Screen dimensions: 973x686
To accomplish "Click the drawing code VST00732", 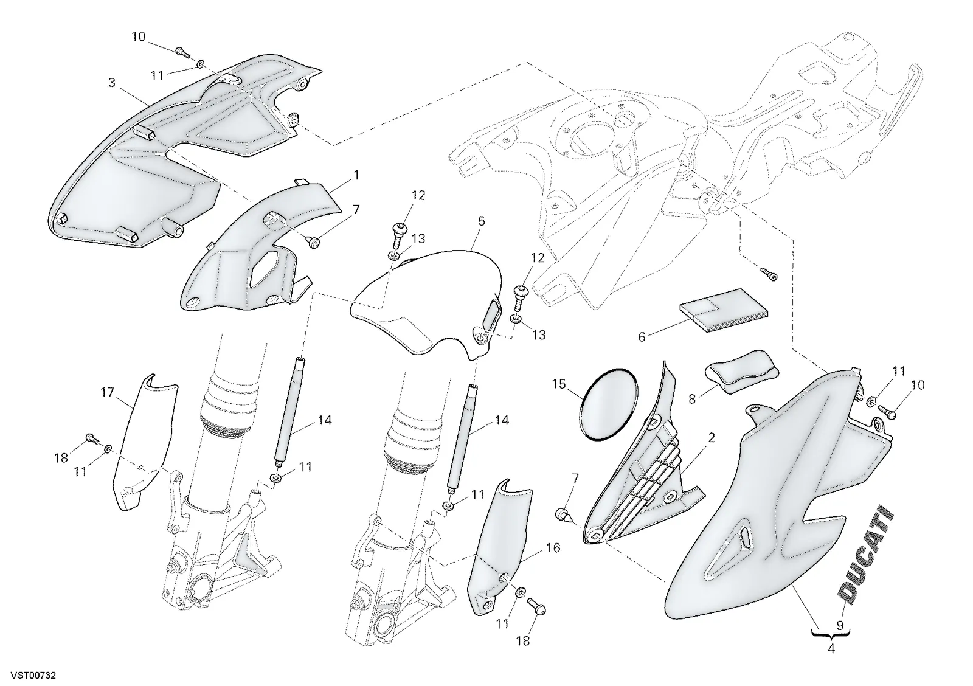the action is [x=33, y=676].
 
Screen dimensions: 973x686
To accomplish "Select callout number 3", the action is [x=112, y=82].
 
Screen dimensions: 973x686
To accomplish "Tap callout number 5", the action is [x=482, y=221].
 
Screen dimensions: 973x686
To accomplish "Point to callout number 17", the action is [x=107, y=392].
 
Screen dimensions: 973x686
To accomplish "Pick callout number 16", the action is [x=553, y=548].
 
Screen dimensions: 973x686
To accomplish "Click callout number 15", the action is [x=559, y=384].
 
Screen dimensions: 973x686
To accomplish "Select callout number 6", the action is [x=642, y=337].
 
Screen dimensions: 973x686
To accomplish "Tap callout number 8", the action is [x=692, y=399].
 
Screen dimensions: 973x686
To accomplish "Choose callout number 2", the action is [x=711, y=438].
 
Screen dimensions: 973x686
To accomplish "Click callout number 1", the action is [x=356, y=176].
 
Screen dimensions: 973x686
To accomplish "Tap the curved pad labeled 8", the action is [x=741, y=370].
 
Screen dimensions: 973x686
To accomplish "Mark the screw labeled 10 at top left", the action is [x=182, y=52].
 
